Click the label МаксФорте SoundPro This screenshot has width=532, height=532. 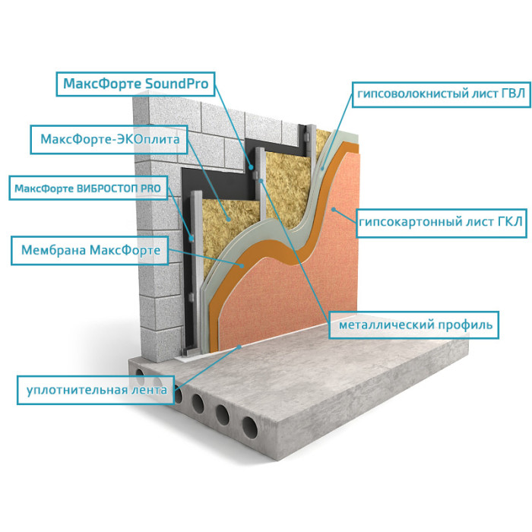tap(136, 84)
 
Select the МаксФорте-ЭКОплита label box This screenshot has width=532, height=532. tap(109, 139)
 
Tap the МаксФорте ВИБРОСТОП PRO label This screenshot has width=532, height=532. tap(88, 188)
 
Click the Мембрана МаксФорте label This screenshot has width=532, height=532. tap(90, 250)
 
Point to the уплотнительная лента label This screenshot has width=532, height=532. tap(96, 390)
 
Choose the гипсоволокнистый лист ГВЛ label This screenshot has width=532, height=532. tap(441, 94)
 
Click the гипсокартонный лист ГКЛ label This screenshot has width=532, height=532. tap(441, 223)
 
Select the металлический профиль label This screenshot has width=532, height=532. tap(414, 325)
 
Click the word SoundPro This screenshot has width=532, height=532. tap(176, 84)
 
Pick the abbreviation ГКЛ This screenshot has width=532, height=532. tap(510, 222)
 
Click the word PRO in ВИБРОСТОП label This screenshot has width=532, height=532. tap(150, 188)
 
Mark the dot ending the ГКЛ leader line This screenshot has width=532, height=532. tap(334, 209)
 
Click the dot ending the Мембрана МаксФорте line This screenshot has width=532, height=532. tap(242, 266)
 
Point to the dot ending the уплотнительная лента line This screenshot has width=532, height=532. tap(239, 347)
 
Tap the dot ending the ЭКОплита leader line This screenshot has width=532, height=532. tap(229, 219)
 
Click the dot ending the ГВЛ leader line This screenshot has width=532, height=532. tap(323, 168)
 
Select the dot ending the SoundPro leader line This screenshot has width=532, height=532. tap(251, 167)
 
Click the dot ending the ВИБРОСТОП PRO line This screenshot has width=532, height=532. tap(192, 238)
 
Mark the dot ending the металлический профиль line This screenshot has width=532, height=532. tap(261, 181)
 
